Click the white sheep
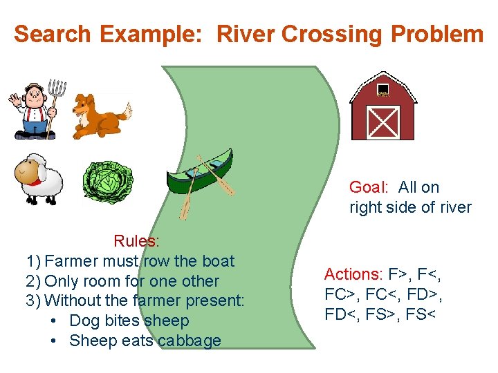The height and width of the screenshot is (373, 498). point(38,178)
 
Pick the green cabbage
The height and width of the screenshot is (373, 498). point(107,181)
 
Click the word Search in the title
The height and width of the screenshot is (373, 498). point(53,34)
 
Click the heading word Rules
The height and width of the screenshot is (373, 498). point(136,241)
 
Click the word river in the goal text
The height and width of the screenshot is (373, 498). point(451,207)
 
